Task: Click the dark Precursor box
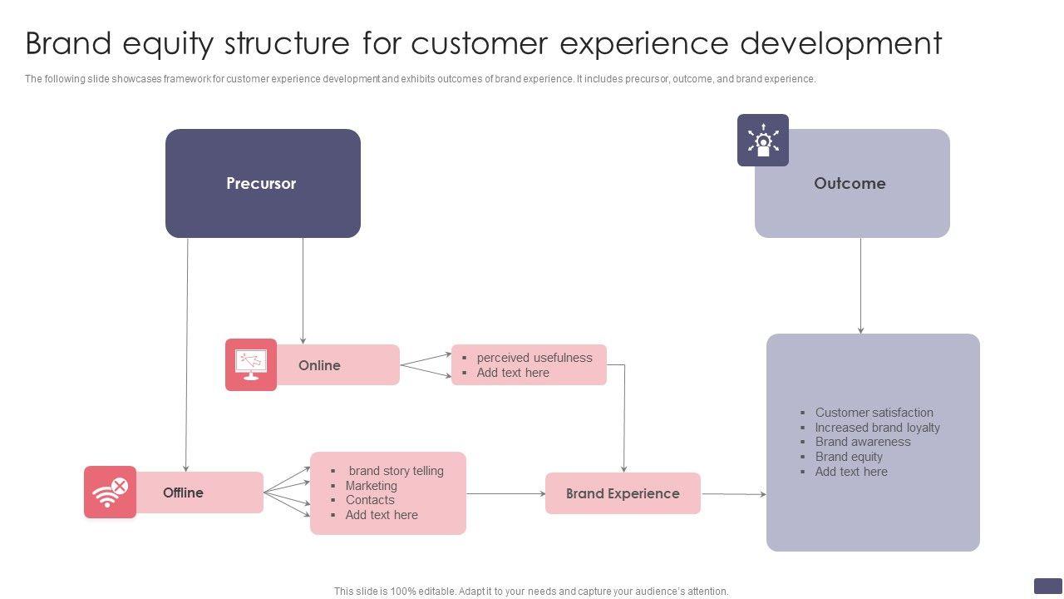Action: click(263, 183)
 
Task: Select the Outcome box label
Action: click(850, 183)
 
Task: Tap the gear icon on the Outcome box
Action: click(763, 140)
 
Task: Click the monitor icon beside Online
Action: click(251, 364)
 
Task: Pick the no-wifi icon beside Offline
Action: click(110, 492)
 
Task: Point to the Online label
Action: click(319, 365)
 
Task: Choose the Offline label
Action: click(183, 493)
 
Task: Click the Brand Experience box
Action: click(623, 493)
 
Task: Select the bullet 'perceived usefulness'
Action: click(534, 358)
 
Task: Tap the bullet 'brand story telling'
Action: click(396, 471)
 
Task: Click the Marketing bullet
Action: click(371, 486)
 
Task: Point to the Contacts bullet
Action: click(370, 500)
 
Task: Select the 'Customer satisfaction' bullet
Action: click(874, 413)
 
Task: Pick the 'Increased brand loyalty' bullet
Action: click(877, 428)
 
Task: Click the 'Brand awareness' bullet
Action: click(862, 442)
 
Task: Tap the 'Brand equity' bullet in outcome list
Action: click(849, 457)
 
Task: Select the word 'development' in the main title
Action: click(841, 43)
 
